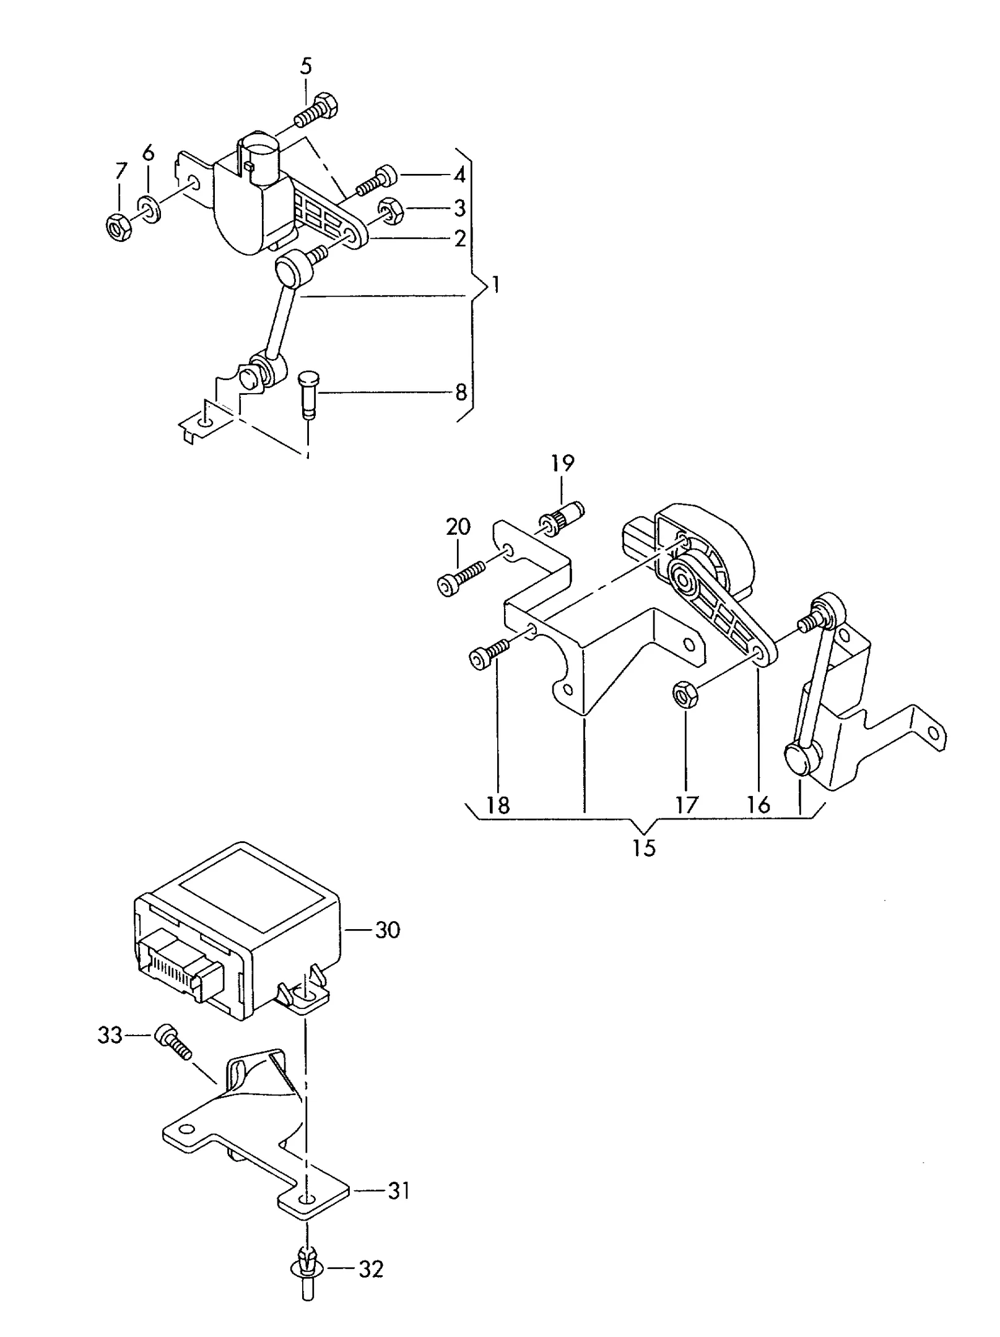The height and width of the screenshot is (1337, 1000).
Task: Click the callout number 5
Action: (307, 66)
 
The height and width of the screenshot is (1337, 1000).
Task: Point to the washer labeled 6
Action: (149, 209)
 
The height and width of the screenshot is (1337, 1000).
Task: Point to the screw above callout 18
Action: (489, 654)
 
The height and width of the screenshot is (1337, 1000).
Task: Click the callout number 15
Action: (644, 847)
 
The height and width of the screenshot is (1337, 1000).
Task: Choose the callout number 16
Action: (759, 804)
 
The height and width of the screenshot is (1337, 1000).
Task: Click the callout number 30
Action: (388, 946)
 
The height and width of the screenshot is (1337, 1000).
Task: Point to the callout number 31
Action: (399, 1191)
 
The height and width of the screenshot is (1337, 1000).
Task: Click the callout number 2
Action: (459, 238)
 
